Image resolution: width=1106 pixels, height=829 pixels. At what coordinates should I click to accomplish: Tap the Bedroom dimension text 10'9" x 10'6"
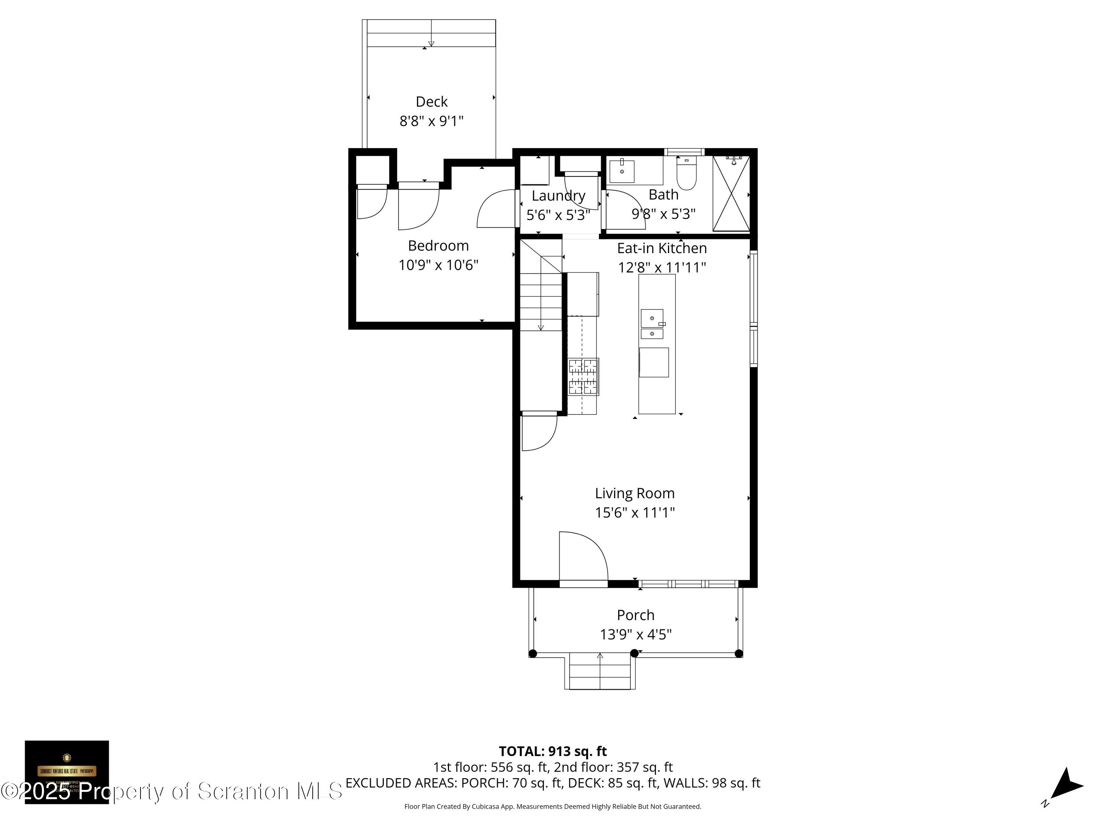[438, 265]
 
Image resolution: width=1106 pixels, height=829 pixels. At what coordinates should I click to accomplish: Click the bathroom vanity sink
[622, 171]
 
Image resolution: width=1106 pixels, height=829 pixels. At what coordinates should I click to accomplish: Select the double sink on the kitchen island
[652, 324]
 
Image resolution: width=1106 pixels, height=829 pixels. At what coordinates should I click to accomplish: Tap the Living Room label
[634, 493]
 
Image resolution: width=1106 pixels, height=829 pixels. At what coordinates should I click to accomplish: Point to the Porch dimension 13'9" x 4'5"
[636, 634]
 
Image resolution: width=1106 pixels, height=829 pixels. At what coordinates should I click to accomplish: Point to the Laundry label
[558, 195]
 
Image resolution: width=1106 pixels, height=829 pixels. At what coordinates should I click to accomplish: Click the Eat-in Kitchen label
[661, 248]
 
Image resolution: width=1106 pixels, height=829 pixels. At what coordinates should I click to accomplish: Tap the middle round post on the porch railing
[634, 653]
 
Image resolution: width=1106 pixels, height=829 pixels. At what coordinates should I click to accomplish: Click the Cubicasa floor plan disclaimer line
[553, 807]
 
